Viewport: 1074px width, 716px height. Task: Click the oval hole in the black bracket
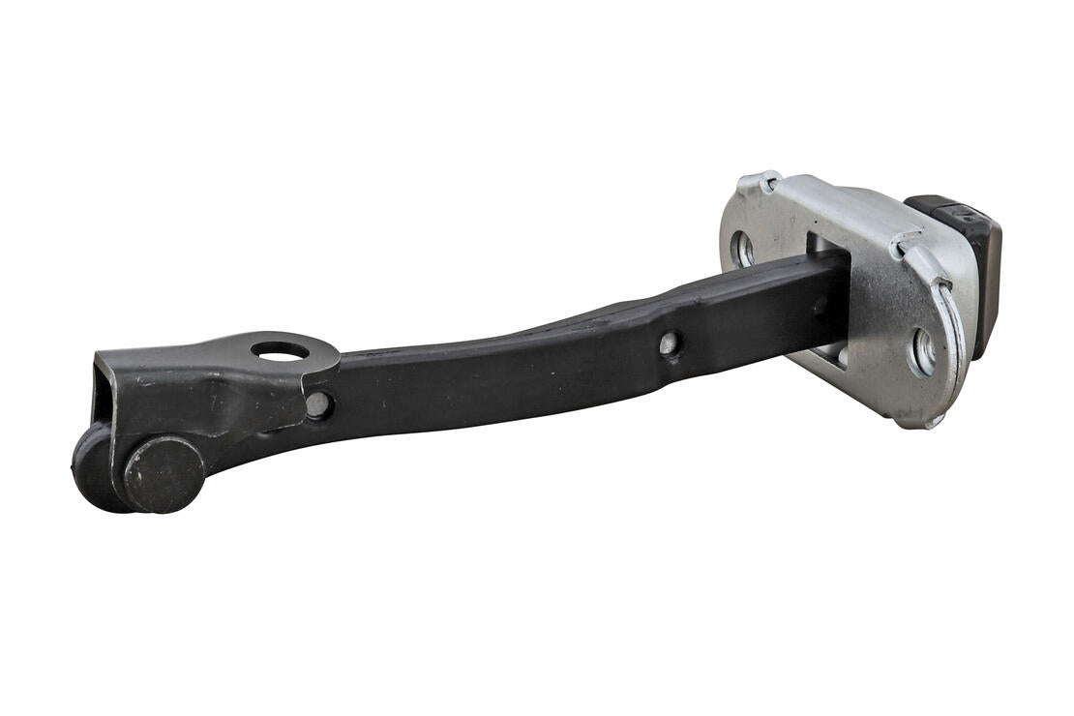pyautogui.click(x=280, y=350)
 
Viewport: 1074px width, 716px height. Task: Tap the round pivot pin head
pyautogui.click(x=163, y=474)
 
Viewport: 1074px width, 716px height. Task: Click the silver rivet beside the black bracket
pyautogui.click(x=316, y=404)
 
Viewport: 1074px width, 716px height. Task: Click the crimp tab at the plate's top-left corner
pyautogui.click(x=760, y=182)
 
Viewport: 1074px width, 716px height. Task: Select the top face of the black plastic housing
pyautogui.click(x=953, y=209)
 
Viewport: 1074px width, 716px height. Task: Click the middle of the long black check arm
pyautogui.click(x=542, y=363)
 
